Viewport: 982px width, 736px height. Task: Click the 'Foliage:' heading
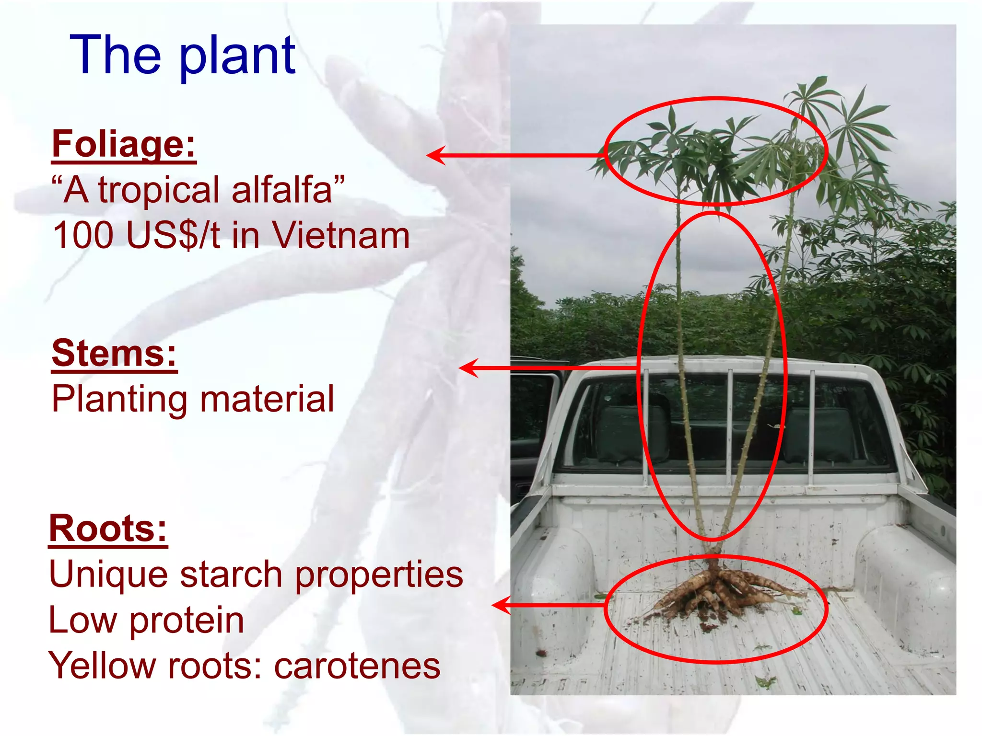pyautogui.click(x=124, y=144)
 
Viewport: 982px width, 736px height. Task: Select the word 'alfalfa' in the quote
pyautogui.click(x=282, y=190)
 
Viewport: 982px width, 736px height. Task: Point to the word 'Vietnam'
pyautogui.click(x=341, y=235)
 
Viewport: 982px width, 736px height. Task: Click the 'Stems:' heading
pyautogui.click(x=114, y=353)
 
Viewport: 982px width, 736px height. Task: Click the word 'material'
pyautogui.click(x=267, y=399)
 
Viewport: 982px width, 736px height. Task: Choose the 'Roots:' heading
pyautogui.click(x=108, y=529)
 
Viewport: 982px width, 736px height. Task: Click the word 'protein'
pyautogui.click(x=187, y=621)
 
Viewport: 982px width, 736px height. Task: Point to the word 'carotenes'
pyautogui.click(x=357, y=666)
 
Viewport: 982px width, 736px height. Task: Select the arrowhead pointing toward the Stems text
pyautogui.click(x=468, y=368)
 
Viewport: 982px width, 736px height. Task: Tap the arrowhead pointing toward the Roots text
pyautogui.click(x=501, y=605)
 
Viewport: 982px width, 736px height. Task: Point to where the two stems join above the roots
pyautogui.click(x=713, y=546)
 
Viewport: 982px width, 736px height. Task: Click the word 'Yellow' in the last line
pyautogui.click(x=101, y=666)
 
